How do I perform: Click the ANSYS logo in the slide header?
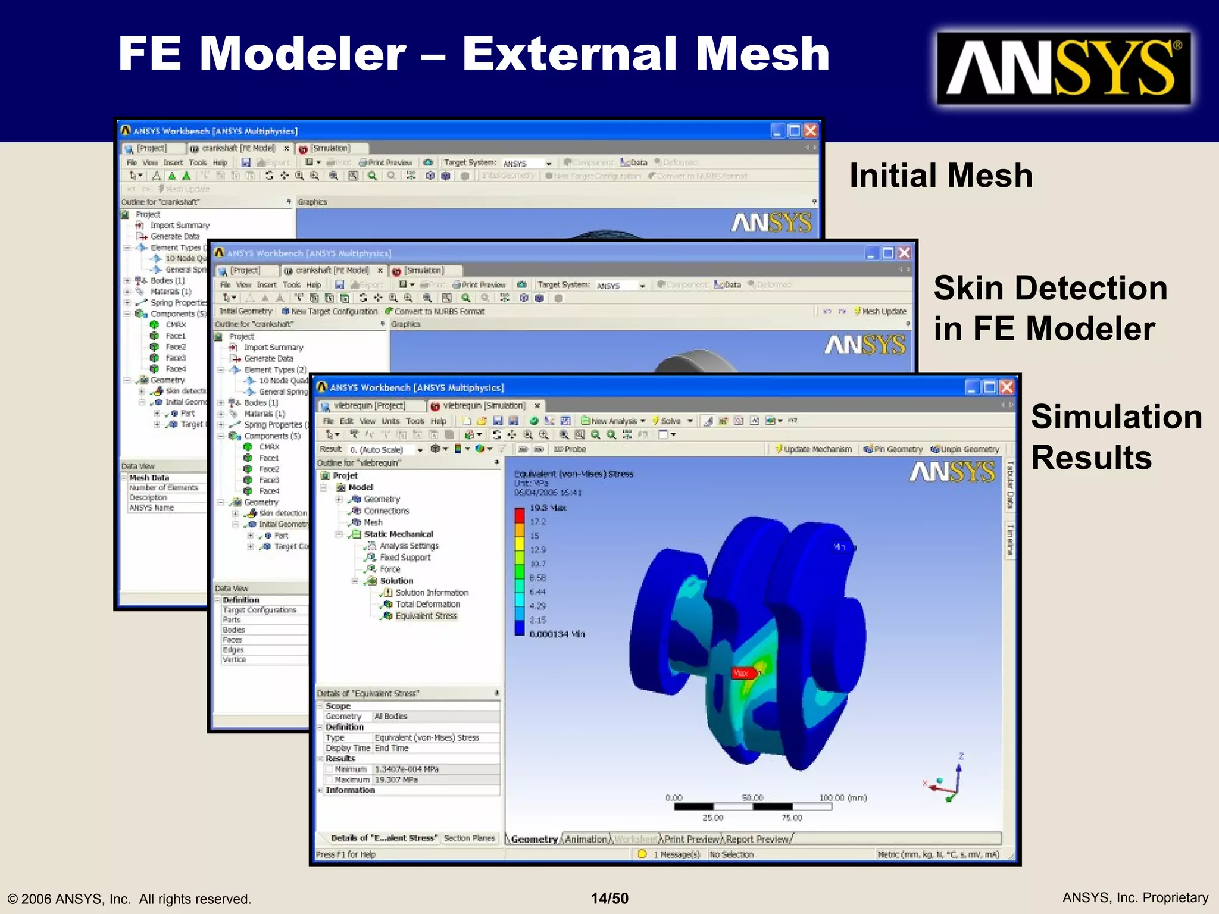pyautogui.click(x=1064, y=68)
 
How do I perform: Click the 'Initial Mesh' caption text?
pyautogui.click(x=940, y=176)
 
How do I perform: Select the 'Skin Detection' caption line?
pyautogui.click(x=1050, y=289)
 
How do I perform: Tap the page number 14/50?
pyautogui.click(x=609, y=898)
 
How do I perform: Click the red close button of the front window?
pyautogui.click(x=1007, y=387)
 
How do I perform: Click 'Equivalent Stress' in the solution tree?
pyautogui.click(x=426, y=616)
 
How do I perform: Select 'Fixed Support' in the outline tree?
pyautogui.click(x=405, y=558)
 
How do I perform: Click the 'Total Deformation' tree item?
pyautogui.click(x=427, y=604)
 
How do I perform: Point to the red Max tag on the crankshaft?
pyautogui.click(x=743, y=673)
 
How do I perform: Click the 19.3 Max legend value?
pyautogui.click(x=548, y=508)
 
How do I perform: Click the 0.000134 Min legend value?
pyautogui.click(x=557, y=634)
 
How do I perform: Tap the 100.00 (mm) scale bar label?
pyautogui.click(x=842, y=797)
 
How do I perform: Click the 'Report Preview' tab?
pyautogui.click(x=757, y=839)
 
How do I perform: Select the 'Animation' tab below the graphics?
pyautogui.click(x=586, y=839)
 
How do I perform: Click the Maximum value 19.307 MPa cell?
pyautogui.click(x=396, y=780)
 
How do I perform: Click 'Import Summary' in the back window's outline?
pyautogui.click(x=180, y=226)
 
